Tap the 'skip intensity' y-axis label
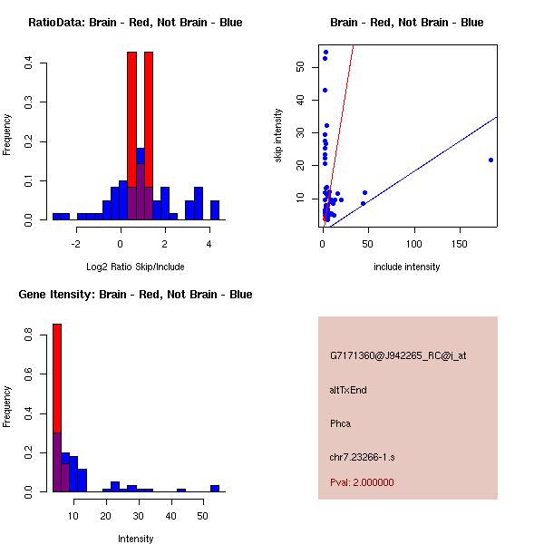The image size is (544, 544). [278, 136]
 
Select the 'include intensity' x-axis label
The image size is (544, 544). [407, 267]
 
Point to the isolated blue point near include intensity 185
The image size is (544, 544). [491, 160]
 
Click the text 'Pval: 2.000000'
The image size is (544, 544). [362, 482]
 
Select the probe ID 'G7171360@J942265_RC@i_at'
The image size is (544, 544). [397, 356]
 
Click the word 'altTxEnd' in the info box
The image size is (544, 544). [348, 390]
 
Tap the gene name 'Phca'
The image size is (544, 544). [341, 423]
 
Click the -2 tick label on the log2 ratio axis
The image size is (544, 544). [76, 243]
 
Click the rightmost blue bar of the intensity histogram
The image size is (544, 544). [215, 488]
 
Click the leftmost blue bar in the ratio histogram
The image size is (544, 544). [60, 217]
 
